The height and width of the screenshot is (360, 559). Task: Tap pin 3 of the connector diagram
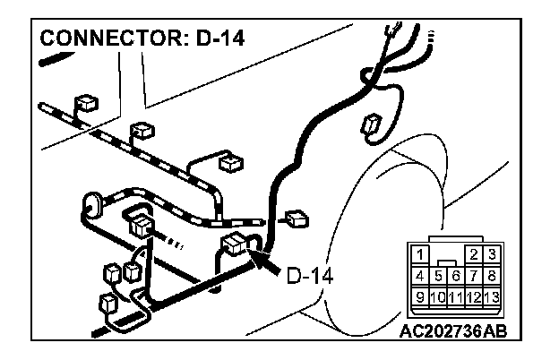(491, 255)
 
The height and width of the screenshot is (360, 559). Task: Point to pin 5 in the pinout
(439, 275)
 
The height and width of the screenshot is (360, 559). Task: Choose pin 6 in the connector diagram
(456, 275)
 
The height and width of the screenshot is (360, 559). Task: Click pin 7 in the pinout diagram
(474, 275)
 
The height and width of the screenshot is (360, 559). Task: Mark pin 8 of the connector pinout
(491, 275)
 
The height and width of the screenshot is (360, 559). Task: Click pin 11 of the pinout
(456, 296)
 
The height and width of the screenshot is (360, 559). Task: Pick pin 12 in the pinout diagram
(474, 296)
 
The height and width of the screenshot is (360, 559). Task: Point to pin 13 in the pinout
(491, 296)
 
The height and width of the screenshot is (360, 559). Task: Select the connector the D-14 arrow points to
(237, 244)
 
